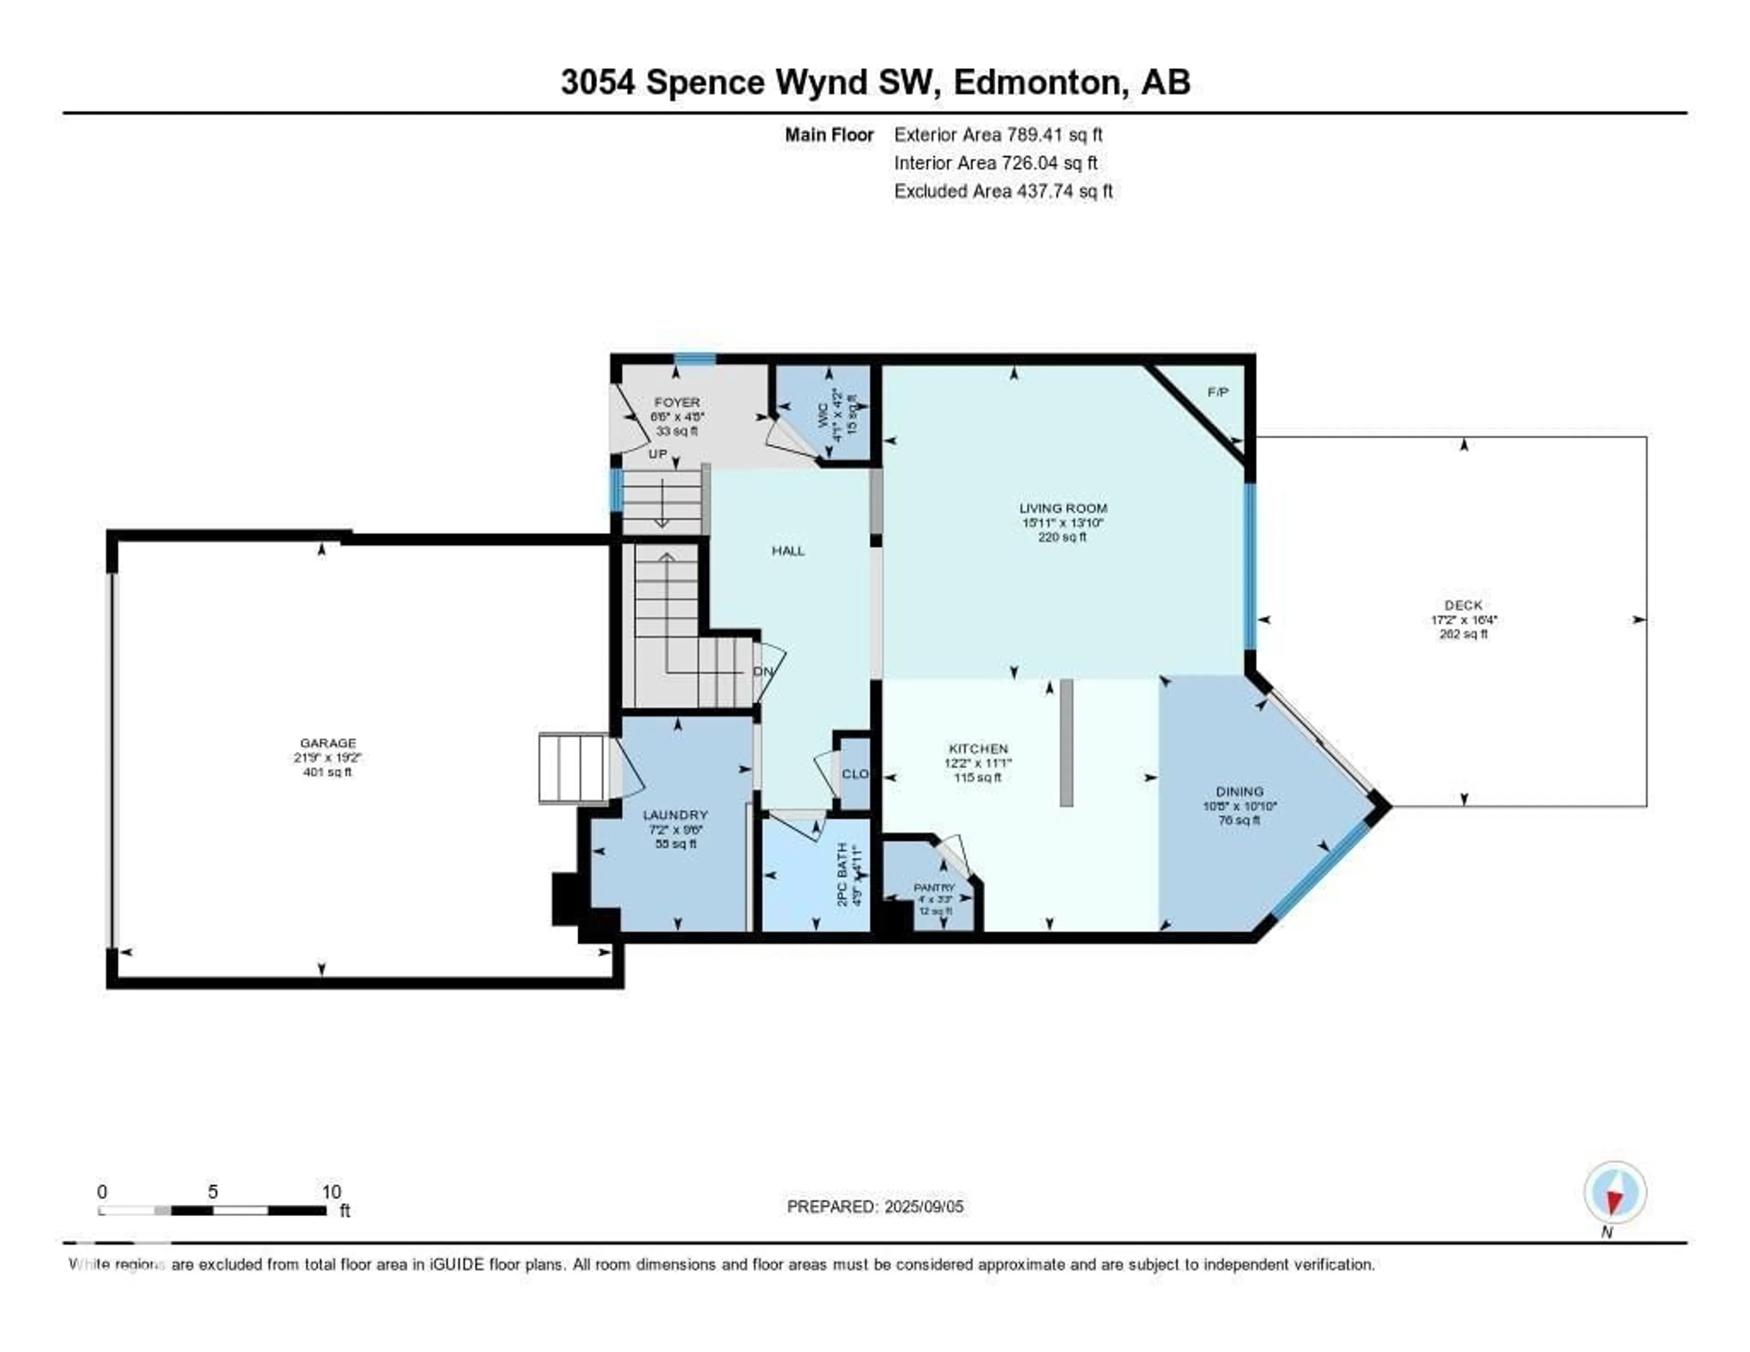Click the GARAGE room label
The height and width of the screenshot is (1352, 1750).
[328, 743]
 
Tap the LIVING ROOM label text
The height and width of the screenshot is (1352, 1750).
[1062, 508]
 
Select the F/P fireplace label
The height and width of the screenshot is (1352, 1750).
[1217, 392]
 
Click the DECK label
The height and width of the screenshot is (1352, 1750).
[1463, 605]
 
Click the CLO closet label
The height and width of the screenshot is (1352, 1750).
[855, 774]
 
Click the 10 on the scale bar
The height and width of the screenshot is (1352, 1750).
[331, 1192]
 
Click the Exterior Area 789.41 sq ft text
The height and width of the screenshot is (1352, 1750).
[998, 134]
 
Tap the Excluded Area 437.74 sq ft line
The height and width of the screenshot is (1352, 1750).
[1003, 191]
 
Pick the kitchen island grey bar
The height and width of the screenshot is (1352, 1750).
[1065, 742]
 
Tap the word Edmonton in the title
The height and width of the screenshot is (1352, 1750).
[1035, 83]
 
